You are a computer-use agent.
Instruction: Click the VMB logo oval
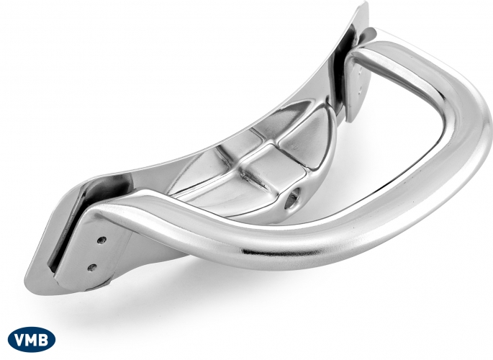(32, 339)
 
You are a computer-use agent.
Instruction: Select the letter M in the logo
(32, 340)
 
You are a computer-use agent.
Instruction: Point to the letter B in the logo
(44, 340)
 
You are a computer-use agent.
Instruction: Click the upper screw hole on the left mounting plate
(101, 240)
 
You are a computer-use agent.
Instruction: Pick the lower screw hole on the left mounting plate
(92, 267)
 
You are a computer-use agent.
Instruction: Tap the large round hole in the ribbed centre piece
(292, 198)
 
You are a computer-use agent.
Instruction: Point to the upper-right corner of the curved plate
(366, 3)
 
